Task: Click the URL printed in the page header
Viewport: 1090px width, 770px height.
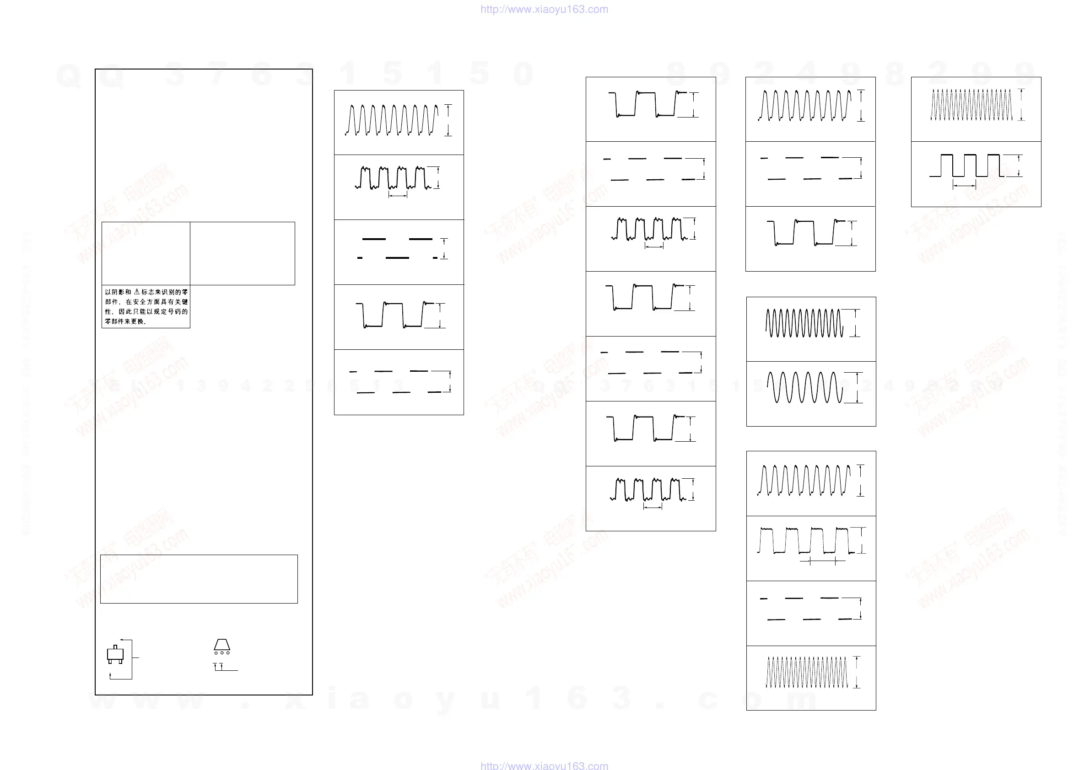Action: point(544,9)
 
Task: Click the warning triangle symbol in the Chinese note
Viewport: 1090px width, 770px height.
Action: point(137,292)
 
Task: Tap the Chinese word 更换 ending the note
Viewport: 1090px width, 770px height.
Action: point(137,321)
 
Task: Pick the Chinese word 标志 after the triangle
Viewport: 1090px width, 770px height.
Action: point(147,292)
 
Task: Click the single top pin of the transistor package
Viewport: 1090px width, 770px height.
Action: point(115,646)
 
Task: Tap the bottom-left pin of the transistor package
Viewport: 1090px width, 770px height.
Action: point(110,661)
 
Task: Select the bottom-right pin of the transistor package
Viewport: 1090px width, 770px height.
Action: point(121,661)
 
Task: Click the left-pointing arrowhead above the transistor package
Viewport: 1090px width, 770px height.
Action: point(121,640)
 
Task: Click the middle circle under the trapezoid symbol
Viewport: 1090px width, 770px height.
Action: point(221,653)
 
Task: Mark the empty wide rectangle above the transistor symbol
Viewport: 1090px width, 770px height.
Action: point(199,579)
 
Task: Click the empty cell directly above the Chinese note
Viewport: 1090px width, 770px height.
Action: point(146,253)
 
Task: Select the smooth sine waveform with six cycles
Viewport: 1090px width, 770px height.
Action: point(804,387)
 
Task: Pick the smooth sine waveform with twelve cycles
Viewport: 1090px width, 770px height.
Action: point(804,323)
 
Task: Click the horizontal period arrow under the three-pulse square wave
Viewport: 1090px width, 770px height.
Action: point(964,186)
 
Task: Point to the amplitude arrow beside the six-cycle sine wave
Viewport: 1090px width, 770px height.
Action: point(857,388)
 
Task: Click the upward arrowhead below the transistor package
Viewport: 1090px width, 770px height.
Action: point(110,674)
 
